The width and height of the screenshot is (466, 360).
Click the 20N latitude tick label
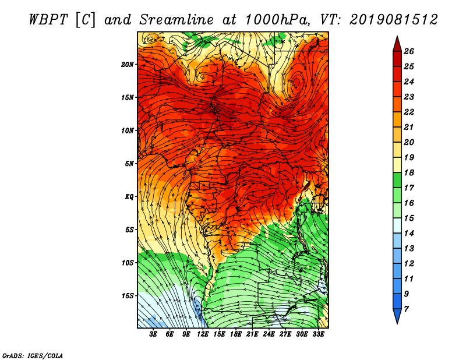click(x=127, y=65)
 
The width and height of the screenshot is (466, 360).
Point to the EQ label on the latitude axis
click(x=129, y=197)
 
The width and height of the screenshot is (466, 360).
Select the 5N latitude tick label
click(x=129, y=164)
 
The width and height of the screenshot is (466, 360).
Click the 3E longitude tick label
click(x=153, y=334)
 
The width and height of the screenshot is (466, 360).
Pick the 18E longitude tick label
click(x=236, y=334)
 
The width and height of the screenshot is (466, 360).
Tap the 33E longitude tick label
click(x=318, y=334)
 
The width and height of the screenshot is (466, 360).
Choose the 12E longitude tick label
click(x=203, y=334)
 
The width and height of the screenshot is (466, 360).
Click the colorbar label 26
click(x=409, y=51)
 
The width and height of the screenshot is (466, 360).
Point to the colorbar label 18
click(x=409, y=172)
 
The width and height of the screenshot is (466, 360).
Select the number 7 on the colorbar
click(x=406, y=309)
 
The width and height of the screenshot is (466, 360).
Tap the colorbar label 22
click(x=409, y=112)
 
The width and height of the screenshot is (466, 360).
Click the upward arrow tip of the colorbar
click(x=397, y=36)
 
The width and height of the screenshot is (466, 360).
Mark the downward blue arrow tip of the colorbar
click(x=397, y=324)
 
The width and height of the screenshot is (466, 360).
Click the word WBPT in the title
click(x=49, y=20)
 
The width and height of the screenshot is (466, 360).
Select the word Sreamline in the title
click(x=176, y=20)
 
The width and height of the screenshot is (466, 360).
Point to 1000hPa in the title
click(x=278, y=20)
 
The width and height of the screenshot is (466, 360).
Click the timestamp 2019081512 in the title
click(x=394, y=20)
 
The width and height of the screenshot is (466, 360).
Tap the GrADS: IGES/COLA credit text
click(x=33, y=356)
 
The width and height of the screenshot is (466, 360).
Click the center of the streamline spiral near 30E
click(x=296, y=82)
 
